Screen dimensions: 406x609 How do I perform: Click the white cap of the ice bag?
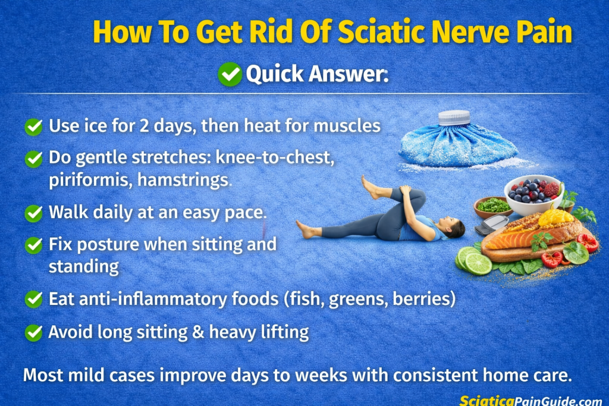tap(454, 118)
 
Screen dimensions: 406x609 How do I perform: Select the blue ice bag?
tap(457, 146)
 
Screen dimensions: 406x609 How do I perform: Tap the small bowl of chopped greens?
tap(493, 206)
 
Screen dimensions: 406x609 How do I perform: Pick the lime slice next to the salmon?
tap(478, 263)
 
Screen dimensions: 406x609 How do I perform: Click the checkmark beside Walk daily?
tap(34, 213)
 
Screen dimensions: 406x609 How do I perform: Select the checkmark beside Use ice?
tap(34, 127)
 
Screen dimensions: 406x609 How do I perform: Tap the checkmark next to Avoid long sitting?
tap(34, 332)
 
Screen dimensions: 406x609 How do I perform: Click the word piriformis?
tap(90, 181)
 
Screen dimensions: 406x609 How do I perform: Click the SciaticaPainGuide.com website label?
tap(530, 400)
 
